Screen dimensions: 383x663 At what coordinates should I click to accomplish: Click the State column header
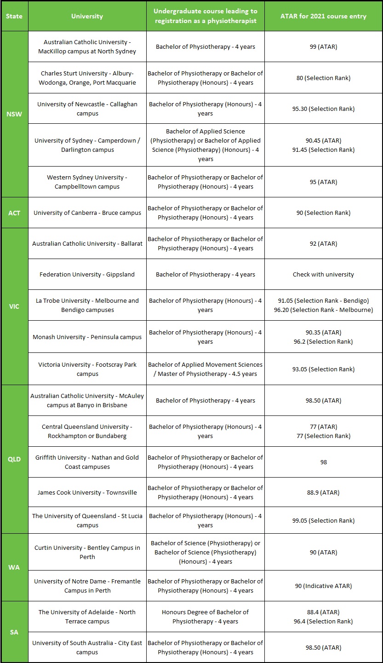pos(14,16)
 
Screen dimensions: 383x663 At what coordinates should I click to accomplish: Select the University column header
pos(87,16)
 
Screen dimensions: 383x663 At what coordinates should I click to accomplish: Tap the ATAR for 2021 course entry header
pos(323,16)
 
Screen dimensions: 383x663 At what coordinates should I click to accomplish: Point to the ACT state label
pos(14,213)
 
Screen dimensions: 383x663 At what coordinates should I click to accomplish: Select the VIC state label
pos(14,306)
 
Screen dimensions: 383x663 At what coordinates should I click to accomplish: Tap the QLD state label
pos(14,459)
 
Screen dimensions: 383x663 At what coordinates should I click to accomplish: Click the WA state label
pos(14,567)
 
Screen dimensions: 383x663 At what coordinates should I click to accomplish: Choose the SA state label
pos(14,632)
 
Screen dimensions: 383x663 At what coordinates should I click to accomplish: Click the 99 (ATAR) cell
pos(323,47)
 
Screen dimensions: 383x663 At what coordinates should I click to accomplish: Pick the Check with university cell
pos(323,275)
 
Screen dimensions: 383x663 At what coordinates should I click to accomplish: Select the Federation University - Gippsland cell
pos(87,275)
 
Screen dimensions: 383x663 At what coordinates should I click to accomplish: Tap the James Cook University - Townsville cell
pos(87,492)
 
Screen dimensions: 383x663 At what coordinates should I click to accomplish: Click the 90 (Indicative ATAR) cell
pos(323,586)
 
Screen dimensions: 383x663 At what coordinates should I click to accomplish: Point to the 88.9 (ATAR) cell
pos(323,492)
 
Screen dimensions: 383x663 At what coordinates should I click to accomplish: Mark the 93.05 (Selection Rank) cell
pos(323,369)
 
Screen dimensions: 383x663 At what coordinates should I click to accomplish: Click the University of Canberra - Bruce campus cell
pos(87,213)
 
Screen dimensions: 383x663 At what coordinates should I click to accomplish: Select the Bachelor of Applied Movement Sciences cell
pos(205,369)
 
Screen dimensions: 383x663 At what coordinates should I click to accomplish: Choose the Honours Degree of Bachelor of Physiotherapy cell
pos(205,617)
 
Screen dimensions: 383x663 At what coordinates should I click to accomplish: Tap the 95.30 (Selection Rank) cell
pos(323,109)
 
